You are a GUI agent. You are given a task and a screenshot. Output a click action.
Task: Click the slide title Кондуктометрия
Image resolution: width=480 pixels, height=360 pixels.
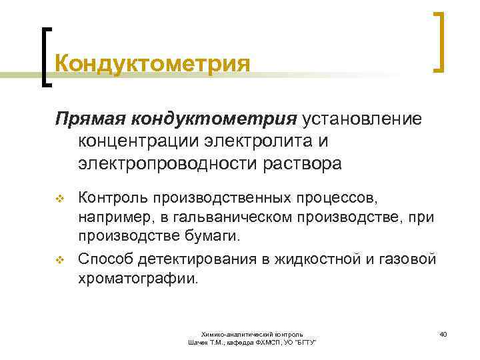click(x=153, y=64)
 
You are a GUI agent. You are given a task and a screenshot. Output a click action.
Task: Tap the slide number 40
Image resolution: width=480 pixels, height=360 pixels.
click(x=443, y=333)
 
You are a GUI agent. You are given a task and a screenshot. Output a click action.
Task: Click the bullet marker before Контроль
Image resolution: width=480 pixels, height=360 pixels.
click(x=59, y=198)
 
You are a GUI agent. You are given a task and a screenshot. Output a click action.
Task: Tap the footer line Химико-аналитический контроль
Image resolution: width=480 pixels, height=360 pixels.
click(x=253, y=333)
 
